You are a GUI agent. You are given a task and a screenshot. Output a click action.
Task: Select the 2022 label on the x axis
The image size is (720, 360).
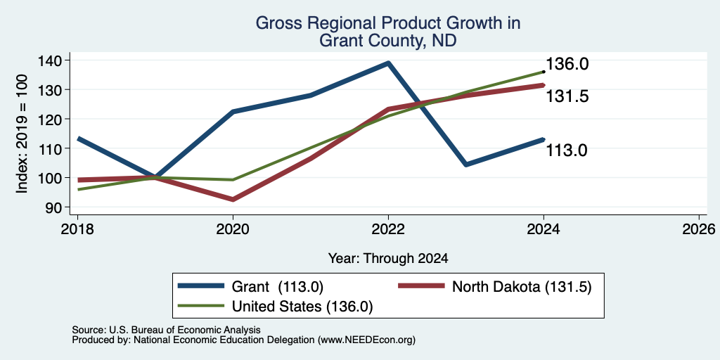(388, 229)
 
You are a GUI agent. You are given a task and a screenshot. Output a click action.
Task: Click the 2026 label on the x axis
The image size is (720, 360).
(700, 229)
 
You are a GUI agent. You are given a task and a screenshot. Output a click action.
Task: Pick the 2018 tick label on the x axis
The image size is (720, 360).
(77, 229)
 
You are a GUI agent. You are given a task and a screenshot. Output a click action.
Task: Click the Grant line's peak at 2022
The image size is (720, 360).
(388, 63)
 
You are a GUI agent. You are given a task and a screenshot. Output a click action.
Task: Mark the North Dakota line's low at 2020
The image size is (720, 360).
(233, 199)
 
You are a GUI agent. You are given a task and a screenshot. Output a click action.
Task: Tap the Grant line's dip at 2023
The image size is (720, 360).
(466, 165)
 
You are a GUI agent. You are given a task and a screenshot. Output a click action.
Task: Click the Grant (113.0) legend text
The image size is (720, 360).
(278, 287)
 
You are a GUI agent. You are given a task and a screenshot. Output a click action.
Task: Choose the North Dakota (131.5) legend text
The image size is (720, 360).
(522, 287)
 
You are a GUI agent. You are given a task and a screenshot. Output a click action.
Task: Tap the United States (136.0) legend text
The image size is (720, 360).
(302, 307)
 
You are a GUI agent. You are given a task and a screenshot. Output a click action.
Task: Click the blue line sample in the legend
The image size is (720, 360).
(201, 286)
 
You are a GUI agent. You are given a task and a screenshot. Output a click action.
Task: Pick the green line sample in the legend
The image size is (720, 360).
(201, 306)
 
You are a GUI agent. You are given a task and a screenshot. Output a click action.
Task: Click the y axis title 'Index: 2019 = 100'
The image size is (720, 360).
(22, 134)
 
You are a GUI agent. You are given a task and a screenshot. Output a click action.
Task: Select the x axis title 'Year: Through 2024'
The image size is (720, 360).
(388, 259)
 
